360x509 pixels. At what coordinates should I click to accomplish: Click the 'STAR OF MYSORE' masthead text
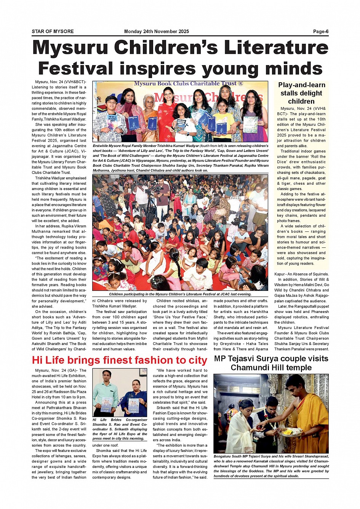(53, 32)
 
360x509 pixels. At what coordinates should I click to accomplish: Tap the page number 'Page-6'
(321, 32)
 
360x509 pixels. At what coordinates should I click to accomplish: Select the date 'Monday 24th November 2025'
(157, 32)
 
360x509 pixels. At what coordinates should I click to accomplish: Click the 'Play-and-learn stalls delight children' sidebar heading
(301, 93)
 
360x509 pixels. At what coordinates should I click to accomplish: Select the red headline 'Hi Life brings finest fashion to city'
(119, 360)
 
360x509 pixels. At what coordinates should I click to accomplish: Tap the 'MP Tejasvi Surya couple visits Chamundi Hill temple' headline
(271, 363)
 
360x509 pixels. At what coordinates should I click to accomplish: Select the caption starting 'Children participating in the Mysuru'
(180, 294)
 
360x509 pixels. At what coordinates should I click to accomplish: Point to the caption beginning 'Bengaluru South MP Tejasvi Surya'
(271, 466)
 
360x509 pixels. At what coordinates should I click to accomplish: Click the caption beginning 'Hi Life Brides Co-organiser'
(120, 429)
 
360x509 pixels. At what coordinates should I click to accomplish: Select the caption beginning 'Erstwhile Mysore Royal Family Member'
(180, 158)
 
